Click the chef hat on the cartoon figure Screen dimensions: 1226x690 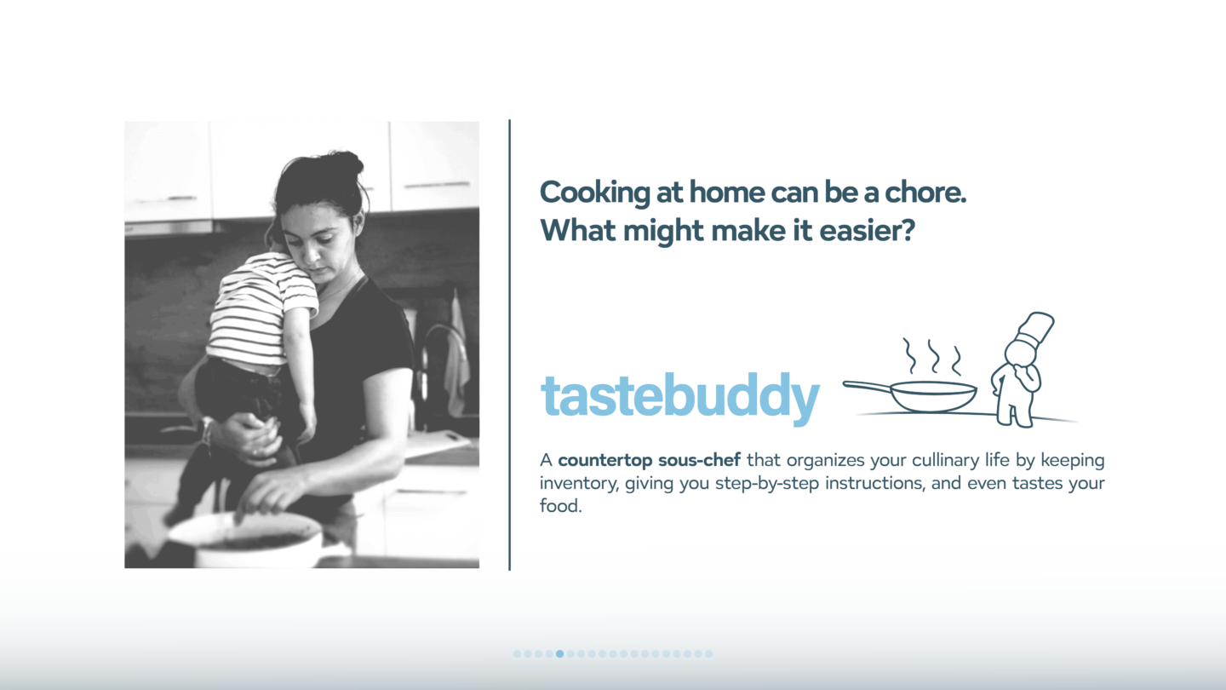(1035, 330)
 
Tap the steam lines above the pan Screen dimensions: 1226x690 (932, 356)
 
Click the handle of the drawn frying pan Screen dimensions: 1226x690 (867, 387)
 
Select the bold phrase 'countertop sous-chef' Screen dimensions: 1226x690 (649, 460)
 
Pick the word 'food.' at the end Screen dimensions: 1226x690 (560, 506)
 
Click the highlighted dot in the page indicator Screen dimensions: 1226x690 (559, 654)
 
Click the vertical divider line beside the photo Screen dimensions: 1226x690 (509, 345)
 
